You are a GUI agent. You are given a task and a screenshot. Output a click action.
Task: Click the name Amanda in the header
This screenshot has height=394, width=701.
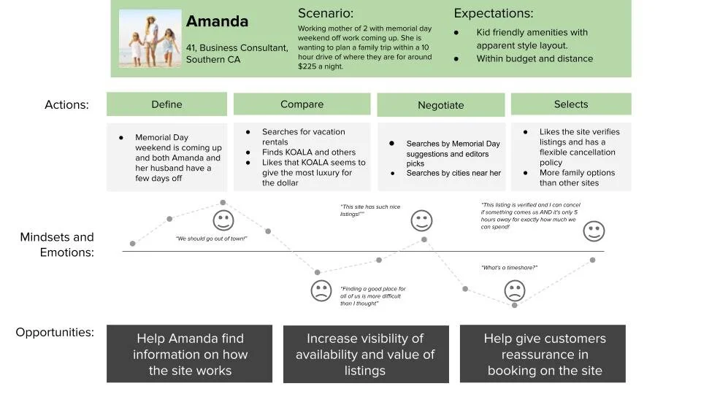[217, 22]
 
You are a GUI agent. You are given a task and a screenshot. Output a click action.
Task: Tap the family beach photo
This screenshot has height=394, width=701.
[150, 39]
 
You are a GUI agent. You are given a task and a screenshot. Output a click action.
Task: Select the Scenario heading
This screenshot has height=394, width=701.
[326, 13]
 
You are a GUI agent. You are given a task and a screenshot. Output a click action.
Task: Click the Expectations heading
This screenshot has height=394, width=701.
[494, 13]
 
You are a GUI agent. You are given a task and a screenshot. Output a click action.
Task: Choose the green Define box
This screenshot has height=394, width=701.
[166, 104]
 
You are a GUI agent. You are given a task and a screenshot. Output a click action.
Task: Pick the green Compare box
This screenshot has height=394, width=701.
[302, 104]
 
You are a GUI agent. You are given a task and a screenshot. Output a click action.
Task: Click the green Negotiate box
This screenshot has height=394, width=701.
[440, 105]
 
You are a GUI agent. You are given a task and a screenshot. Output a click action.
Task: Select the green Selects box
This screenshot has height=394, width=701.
[571, 104]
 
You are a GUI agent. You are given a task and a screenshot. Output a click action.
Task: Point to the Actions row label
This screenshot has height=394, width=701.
[66, 105]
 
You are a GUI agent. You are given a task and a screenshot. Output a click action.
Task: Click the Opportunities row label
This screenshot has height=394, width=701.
[55, 333]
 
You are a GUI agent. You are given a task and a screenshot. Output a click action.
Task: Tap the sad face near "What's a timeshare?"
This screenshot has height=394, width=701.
[515, 291]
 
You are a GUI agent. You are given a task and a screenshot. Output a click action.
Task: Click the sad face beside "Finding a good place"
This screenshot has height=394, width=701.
[321, 291]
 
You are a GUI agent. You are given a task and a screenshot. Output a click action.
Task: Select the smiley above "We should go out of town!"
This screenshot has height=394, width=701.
[223, 220]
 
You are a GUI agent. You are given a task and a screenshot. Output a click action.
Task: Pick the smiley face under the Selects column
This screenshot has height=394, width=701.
[594, 232]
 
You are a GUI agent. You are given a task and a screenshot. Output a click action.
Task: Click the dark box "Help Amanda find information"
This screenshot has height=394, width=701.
[190, 354]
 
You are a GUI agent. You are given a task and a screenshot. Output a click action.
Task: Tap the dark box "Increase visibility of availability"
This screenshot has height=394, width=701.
[365, 354]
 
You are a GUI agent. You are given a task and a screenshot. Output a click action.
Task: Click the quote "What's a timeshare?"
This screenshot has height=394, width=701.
[509, 268]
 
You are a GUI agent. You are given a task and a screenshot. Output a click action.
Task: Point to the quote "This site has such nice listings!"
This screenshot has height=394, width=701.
[370, 210]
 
